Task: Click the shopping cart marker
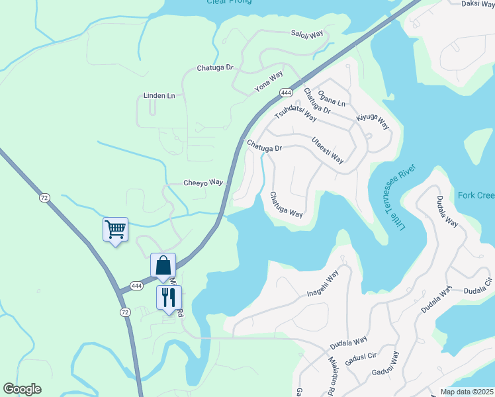(x=115, y=230)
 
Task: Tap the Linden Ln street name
(x=159, y=96)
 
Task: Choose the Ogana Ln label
(x=332, y=99)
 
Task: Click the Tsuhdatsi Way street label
(x=296, y=114)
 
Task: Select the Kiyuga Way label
(x=373, y=121)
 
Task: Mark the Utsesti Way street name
(x=328, y=151)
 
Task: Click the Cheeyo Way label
(x=203, y=183)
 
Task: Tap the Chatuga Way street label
(x=286, y=204)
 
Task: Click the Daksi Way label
(x=477, y=4)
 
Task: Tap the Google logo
(x=22, y=389)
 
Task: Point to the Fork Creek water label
(x=476, y=195)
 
